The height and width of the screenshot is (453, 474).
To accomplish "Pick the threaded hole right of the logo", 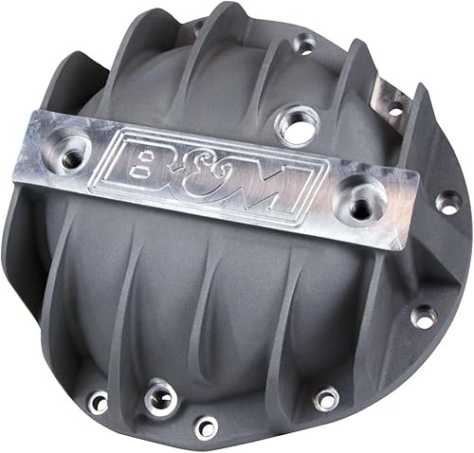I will [x=363, y=196].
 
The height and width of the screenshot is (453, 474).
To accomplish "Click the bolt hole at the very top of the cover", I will [x=304, y=42].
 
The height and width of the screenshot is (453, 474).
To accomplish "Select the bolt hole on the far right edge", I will [x=442, y=201].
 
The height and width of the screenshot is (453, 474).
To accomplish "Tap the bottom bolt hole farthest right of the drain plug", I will [x=326, y=398].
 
